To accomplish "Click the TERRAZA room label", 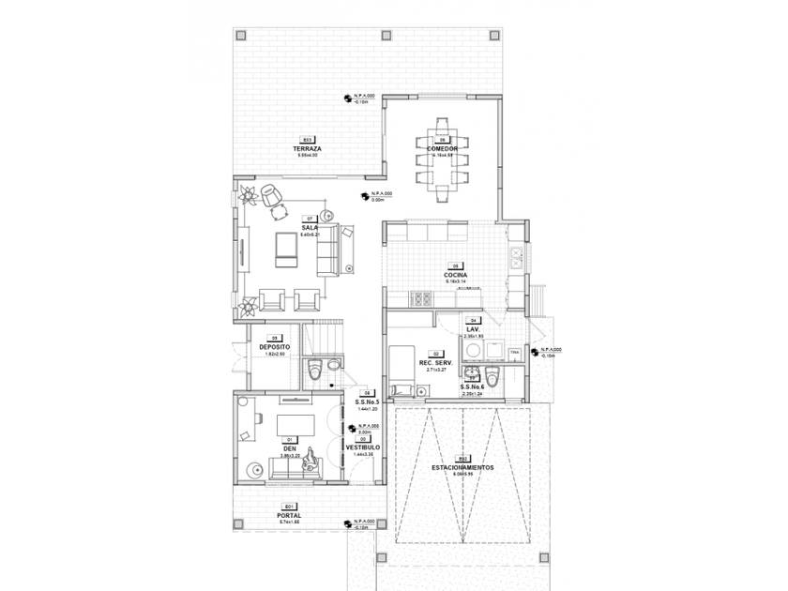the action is tap(307, 149).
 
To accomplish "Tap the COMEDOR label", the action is tap(442, 149).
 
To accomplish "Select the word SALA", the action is tap(309, 227).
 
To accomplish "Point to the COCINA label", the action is tap(457, 275).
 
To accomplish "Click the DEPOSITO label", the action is tap(275, 347).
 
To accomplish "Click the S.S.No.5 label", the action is tap(366, 402).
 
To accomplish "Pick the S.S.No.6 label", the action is tap(473, 386).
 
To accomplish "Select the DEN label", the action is tap(289, 447).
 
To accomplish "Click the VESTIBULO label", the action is tap(363, 447).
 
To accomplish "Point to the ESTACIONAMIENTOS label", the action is tap(464, 466).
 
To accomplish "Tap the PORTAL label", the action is tap(289, 515).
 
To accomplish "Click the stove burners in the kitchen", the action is tap(421, 299).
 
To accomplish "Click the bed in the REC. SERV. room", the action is tap(402, 370).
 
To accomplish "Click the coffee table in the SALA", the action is tap(285, 246).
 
